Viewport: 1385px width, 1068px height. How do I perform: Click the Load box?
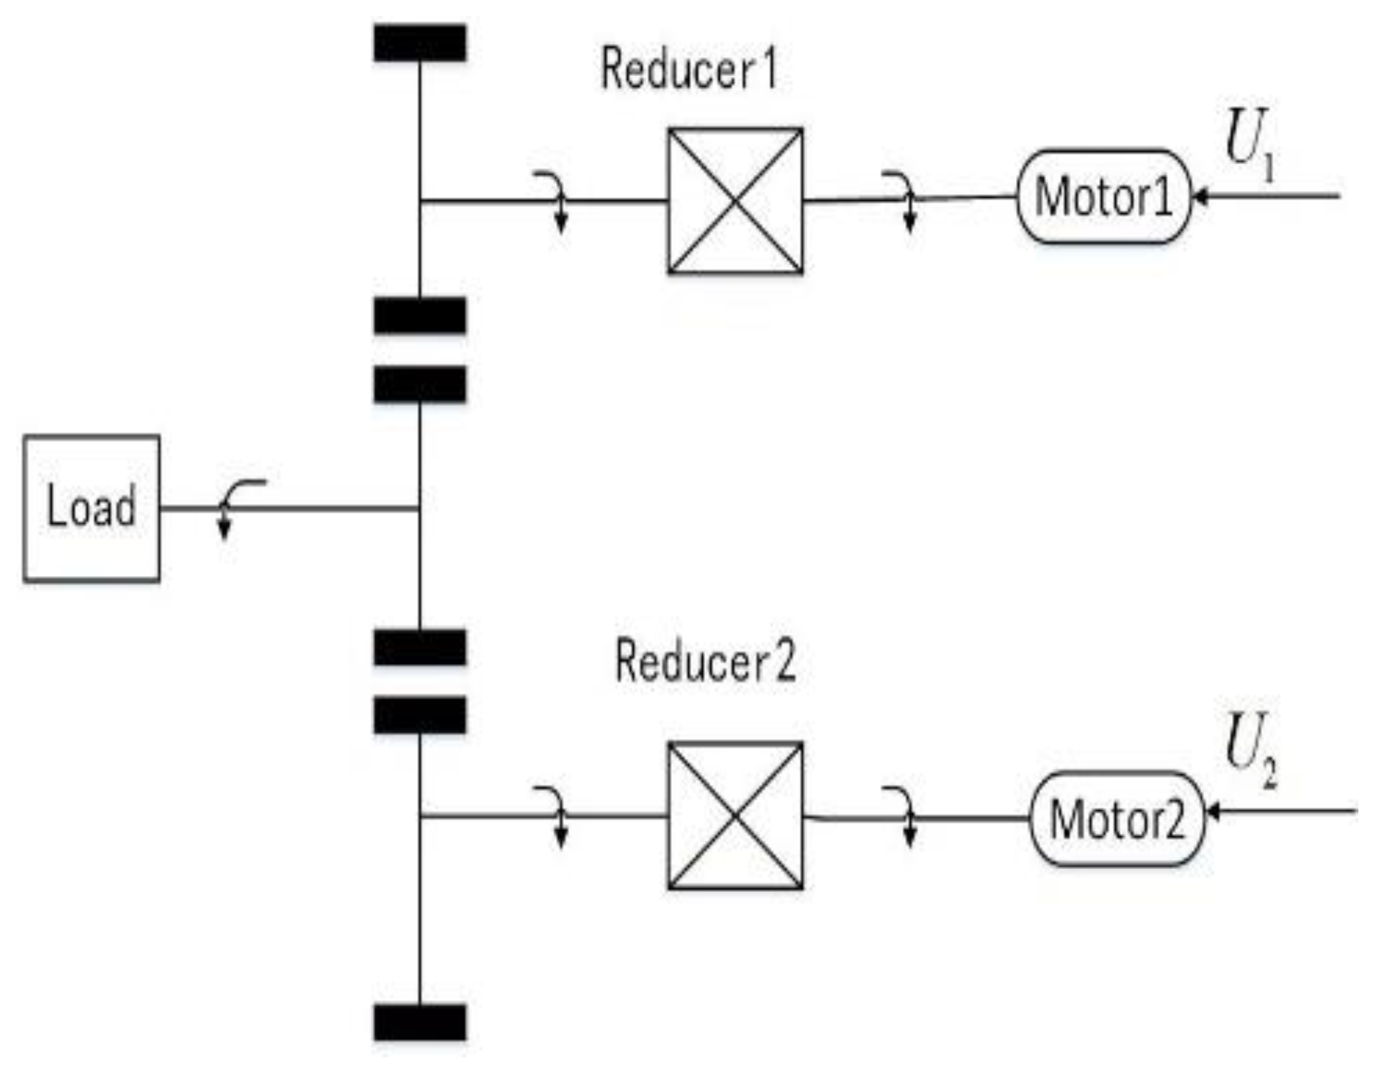click(x=91, y=509)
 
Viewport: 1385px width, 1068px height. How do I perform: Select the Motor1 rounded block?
click(x=1103, y=197)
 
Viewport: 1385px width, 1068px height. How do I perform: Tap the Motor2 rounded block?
click(x=1117, y=819)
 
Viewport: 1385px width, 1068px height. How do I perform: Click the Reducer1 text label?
click(x=689, y=69)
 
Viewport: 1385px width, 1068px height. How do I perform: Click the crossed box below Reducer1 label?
click(x=735, y=200)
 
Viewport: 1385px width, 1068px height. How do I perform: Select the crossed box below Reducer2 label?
click(x=735, y=816)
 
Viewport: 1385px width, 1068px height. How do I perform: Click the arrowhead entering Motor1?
click(x=1199, y=197)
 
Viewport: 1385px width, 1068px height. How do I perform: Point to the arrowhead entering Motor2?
click(x=1213, y=812)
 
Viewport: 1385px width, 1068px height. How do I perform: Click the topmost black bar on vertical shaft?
click(x=420, y=43)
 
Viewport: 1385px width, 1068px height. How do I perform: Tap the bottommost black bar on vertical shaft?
click(x=420, y=1023)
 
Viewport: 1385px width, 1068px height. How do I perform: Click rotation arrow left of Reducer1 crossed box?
click(x=554, y=200)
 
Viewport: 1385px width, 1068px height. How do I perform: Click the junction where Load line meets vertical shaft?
click(x=420, y=509)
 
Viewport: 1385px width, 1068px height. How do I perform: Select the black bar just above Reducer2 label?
click(x=420, y=647)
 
